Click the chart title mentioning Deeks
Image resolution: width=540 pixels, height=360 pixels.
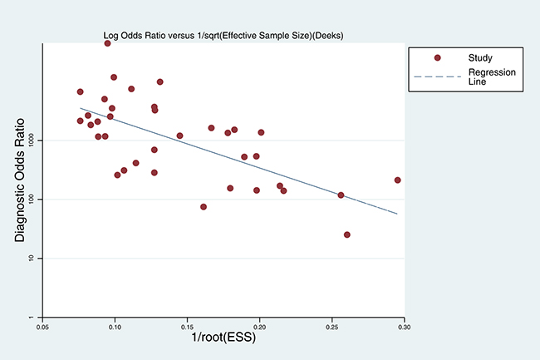223,36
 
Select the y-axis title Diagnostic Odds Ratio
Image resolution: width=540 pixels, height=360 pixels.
20,180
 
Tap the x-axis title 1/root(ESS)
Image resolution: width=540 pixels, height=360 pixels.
223,337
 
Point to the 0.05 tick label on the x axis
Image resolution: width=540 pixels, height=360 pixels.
42,327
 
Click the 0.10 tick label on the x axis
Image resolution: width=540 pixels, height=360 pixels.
115,327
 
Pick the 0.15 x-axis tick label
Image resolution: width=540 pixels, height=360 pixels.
187,327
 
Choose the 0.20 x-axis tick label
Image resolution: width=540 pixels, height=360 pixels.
259,327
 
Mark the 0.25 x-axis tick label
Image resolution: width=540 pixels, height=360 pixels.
332,327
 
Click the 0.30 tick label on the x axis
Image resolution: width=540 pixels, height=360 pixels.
405,327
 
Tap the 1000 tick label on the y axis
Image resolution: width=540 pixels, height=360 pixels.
32,141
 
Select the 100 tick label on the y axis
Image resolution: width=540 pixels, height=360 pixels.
32,200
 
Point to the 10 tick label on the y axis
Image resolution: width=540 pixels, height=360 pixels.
32,259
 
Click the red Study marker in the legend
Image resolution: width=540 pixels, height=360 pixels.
437,58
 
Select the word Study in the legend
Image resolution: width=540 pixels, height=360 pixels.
480,58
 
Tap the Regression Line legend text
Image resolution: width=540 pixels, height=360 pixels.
492,76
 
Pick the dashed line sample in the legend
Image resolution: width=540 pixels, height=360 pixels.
437,76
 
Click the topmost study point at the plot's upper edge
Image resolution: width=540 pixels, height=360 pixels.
107,43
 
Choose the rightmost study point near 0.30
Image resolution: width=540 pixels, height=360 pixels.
397,180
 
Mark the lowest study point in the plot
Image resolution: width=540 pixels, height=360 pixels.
346,234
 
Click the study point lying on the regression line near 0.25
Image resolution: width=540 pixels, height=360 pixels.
341,195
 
